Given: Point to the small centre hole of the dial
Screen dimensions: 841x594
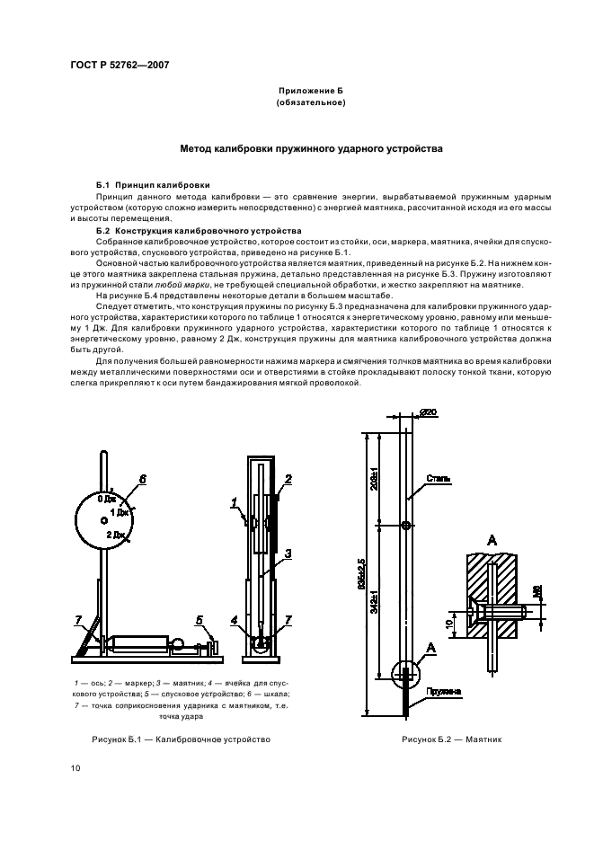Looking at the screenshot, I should [104, 519].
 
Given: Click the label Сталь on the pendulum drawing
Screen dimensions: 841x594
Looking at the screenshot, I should [439, 479].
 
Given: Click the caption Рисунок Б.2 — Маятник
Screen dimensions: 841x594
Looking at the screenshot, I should [451, 740].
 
